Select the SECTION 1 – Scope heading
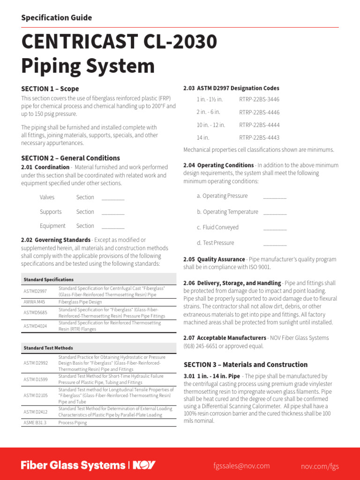click(50, 89)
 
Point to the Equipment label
click(52, 226)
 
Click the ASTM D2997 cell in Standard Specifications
click(35, 291)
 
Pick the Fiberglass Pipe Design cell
click(80, 302)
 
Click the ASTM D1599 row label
click(35, 379)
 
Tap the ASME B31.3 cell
click(35, 422)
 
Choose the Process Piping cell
click(72, 422)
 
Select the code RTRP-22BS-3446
click(259, 99)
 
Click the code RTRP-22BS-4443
click(259, 137)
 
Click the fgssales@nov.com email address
click(241, 465)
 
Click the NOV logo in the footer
click(144, 465)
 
